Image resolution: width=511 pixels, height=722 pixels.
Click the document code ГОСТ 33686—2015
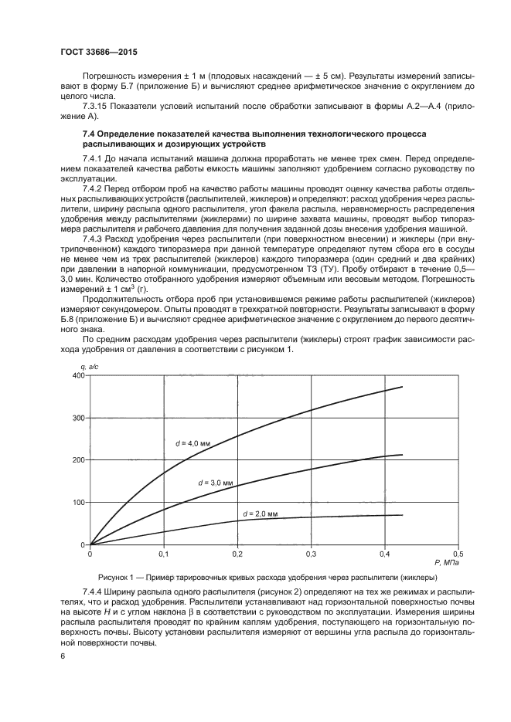[x=98, y=53]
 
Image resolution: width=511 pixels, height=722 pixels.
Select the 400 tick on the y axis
[x=77, y=375]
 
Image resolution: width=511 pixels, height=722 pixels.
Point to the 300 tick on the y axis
[x=77, y=418]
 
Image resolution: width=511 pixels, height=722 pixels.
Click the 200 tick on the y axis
[x=77, y=460]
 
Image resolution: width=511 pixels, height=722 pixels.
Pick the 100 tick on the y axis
[x=77, y=503]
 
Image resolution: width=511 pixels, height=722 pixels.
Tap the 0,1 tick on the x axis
[x=163, y=554]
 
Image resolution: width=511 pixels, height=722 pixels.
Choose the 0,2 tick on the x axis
[x=237, y=554]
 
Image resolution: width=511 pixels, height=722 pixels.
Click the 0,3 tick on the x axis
[x=310, y=554]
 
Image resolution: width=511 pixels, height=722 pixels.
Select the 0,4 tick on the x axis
[x=383, y=554]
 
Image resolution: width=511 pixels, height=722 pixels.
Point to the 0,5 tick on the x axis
[x=457, y=554]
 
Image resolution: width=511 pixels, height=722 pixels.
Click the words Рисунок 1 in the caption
[x=118, y=577]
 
